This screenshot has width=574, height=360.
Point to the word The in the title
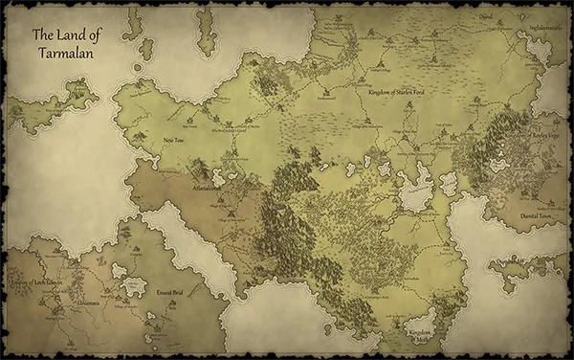pyautogui.click(x=42, y=34)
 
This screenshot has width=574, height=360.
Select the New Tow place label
pyautogui.click(x=173, y=140)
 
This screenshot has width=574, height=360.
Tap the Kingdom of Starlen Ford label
pyautogui.click(x=399, y=90)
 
